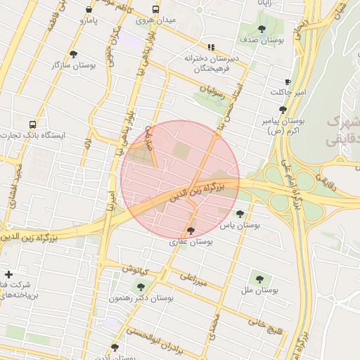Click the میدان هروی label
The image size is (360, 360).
tap(155, 22)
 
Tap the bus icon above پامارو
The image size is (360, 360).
tap(89, 10)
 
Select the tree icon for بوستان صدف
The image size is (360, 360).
tap(262, 29)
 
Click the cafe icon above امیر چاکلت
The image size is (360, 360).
tap(288, 82)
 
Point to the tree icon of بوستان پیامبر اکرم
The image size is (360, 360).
tap(282, 110)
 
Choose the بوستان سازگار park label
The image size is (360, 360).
tap(73, 65)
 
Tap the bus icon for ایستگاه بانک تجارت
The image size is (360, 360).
tap(32, 124)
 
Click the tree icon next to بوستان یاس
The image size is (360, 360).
tap(240, 214)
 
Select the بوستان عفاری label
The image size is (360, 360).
tap(191, 241)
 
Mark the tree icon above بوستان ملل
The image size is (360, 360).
tap(260, 278)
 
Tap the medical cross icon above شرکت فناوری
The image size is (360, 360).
tap(8, 274)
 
